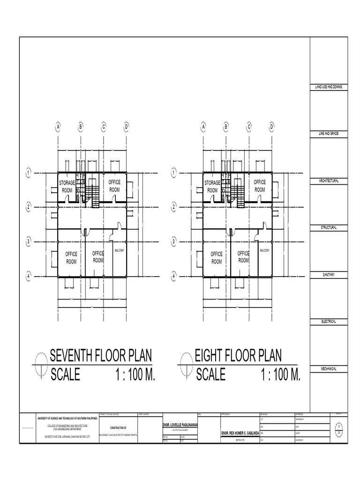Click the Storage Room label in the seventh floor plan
coord(67,186)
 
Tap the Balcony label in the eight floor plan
coord(265,251)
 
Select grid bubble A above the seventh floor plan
coord(59,127)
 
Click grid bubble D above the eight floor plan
coord(271,127)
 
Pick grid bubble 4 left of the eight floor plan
coord(174,277)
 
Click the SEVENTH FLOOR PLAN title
coord(101,356)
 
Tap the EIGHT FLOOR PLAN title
coord(238,356)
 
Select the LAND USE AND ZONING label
coord(328,88)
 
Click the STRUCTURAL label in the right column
coord(328,228)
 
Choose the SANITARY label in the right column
coord(328,275)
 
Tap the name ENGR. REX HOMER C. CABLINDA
coord(240,433)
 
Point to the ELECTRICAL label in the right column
coord(328,322)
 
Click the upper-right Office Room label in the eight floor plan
coord(260,186)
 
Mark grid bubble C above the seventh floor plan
coord(104,127)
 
